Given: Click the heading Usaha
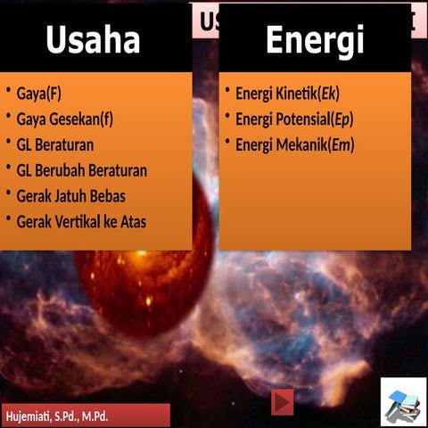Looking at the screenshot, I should (93, 40).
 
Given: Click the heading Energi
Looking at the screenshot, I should (314, 40).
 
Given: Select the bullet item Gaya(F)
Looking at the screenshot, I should (39, 93).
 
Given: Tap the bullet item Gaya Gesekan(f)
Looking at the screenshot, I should (65, 119).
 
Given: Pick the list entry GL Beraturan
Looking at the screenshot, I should (55, 144).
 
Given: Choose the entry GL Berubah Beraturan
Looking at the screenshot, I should (82, 170).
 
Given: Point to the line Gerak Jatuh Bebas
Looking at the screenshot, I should (70, 196).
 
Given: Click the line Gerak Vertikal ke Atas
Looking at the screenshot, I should (81, 222).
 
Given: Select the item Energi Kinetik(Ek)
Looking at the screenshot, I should (287, 94).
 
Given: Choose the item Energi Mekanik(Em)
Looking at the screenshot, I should (294, 145).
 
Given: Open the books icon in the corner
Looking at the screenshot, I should (403, 403).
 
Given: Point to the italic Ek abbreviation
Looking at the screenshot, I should (329, 94).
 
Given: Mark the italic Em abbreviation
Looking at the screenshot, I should (342, 145).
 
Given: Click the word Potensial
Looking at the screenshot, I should (300, 119).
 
